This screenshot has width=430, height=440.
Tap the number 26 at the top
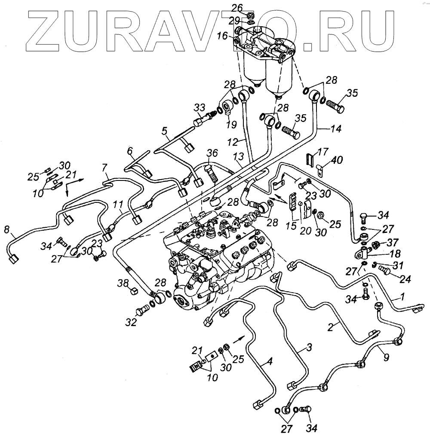pos(249,7)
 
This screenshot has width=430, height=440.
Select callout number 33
pos(199,107)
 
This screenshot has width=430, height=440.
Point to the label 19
pos(231,125)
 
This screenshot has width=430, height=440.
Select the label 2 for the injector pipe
pos(331,327)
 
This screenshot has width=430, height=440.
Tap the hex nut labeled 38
pos(134,292)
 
